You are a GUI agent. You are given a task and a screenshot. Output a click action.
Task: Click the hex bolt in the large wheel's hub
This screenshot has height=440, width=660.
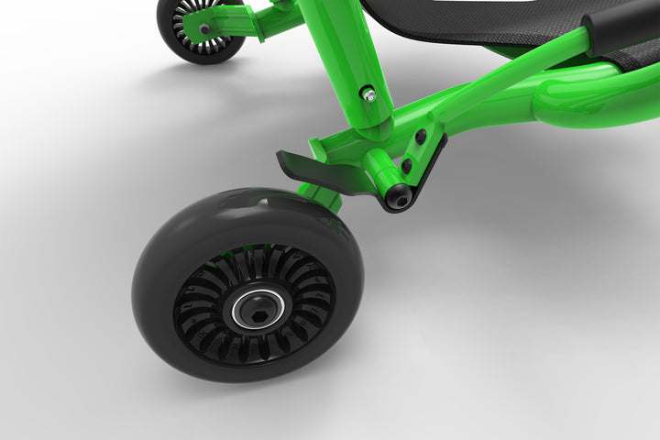[x=248, y=308]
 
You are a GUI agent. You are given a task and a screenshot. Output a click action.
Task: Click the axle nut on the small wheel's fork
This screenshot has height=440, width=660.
[x=203, y=28]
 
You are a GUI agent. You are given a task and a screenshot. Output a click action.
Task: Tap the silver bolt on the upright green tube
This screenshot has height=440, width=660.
[x=368, y=94]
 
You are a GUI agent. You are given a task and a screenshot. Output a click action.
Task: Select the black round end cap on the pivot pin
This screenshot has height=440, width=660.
[x=400, y=195]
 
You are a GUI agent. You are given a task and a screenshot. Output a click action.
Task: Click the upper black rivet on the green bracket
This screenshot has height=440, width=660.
[x=421, y=137]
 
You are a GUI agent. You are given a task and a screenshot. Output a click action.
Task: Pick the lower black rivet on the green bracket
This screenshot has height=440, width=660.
[x=407, y=166]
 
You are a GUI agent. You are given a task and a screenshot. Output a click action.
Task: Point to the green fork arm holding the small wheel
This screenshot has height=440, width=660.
[x=234, y=22]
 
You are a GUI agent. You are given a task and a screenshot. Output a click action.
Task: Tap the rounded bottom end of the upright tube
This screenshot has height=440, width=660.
[x=372, y=124]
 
